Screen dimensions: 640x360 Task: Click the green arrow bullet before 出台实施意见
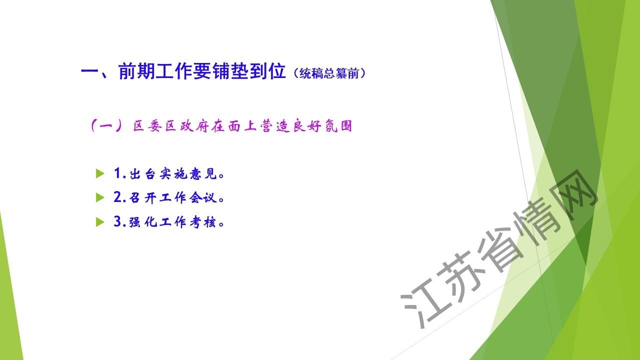click(x=100, y=173)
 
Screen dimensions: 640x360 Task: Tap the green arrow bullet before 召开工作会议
click(x=100, y=197)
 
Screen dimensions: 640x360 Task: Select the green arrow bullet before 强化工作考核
click(x=100, y=221)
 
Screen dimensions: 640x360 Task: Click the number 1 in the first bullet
click(x=117, y=173)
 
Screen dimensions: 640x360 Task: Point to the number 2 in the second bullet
click(x=117, y=197)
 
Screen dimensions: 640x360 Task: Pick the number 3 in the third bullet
click(x=117, y=221)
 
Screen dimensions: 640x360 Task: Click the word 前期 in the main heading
click(x=136, y=71)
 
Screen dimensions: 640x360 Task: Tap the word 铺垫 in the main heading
click(x=230, y=71)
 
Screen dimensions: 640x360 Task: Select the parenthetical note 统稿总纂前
click(x=329, y=73)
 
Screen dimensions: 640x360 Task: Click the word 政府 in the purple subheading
click(x=194, y=126)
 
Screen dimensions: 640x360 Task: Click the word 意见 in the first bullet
click(x=203, y=173)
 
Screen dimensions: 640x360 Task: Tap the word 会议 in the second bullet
click(x=203, y=197)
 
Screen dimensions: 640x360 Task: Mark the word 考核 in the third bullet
click(x=203, y=222)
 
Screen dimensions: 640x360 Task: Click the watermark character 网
click(x=575, y=194)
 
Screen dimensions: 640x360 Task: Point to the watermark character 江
click(x=423, y=303)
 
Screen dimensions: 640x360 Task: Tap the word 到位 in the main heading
click(x=267, y=71)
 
